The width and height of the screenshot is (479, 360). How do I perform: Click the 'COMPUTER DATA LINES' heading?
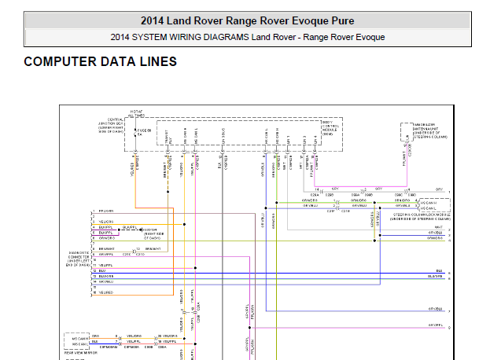tap(100, 61)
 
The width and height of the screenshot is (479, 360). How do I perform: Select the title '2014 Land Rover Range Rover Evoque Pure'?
tap(247, 20)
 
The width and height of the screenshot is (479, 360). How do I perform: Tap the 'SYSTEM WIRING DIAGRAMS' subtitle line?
tap(247, 37)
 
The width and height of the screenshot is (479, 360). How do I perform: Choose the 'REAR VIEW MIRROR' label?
tap(80, 353)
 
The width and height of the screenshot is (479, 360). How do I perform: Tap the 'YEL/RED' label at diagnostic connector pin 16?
tap(105, 292)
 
